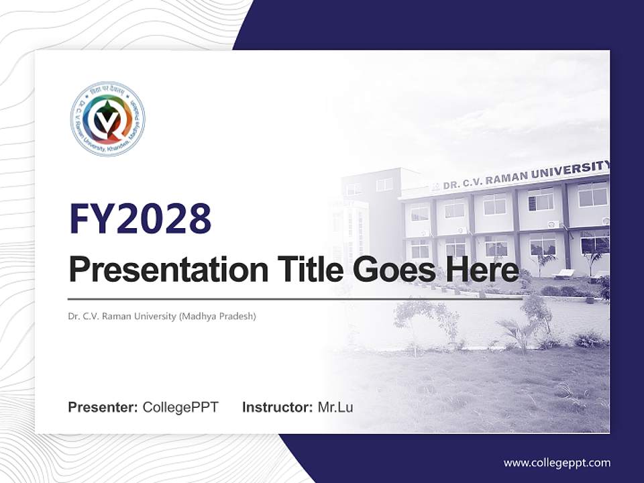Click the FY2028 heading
click(140, 219)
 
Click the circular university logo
click(107, 119)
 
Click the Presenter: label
click(103, 407)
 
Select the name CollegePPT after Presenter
click(180, 407)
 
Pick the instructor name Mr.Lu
click(335, 407)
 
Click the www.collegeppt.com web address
click(557, 462)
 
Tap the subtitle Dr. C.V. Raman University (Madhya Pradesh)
click(162, 316)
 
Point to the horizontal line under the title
click(295, 299)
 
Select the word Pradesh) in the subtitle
click(238, 316)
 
